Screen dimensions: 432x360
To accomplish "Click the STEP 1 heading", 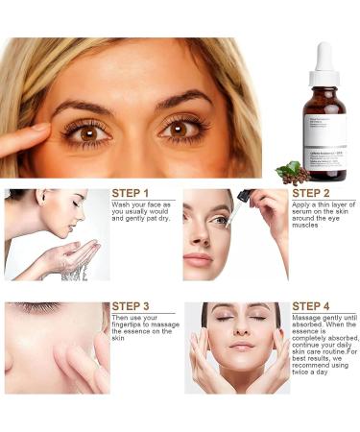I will coord(131,193).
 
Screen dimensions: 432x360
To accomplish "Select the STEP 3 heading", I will coord(131,307).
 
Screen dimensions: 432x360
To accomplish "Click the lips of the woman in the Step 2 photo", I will coord(198,259).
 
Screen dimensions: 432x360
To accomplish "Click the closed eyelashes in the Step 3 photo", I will coord(38,309).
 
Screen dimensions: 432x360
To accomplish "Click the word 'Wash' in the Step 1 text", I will coord(122,205).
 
